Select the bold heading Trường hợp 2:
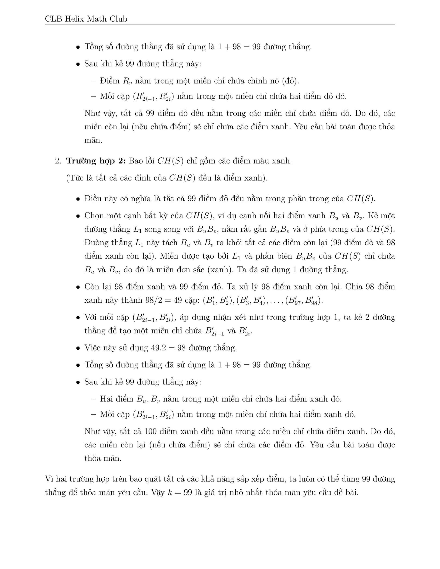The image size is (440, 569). pos(96,161)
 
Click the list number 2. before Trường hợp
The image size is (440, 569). pos(58,161)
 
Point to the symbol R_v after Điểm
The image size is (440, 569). pos(127,81)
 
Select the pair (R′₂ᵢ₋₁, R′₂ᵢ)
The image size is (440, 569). pos(153,97)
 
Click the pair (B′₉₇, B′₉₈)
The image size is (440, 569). pos(304,301)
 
